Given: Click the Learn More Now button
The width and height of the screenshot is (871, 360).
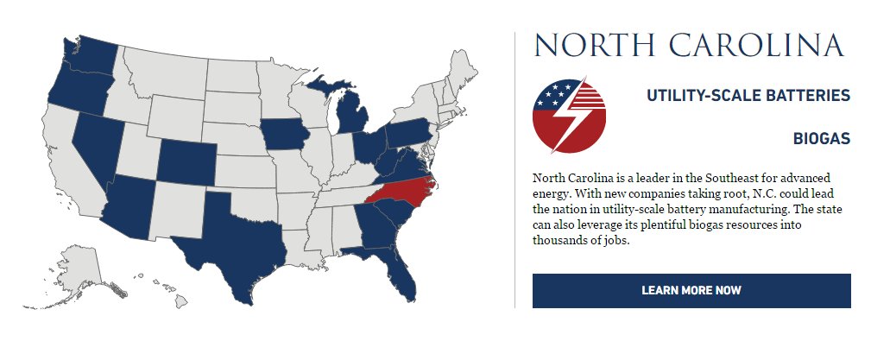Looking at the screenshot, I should pyautogui.click(x=691, y=290).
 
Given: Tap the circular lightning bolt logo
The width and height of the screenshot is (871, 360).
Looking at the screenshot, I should pyautogui.click(x=569, y=116).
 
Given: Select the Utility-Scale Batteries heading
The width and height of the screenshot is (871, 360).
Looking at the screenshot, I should pyautogui.click(x=748, y=96).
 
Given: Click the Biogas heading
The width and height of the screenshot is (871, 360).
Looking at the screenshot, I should pyautogui.click(x=821, y=139).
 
